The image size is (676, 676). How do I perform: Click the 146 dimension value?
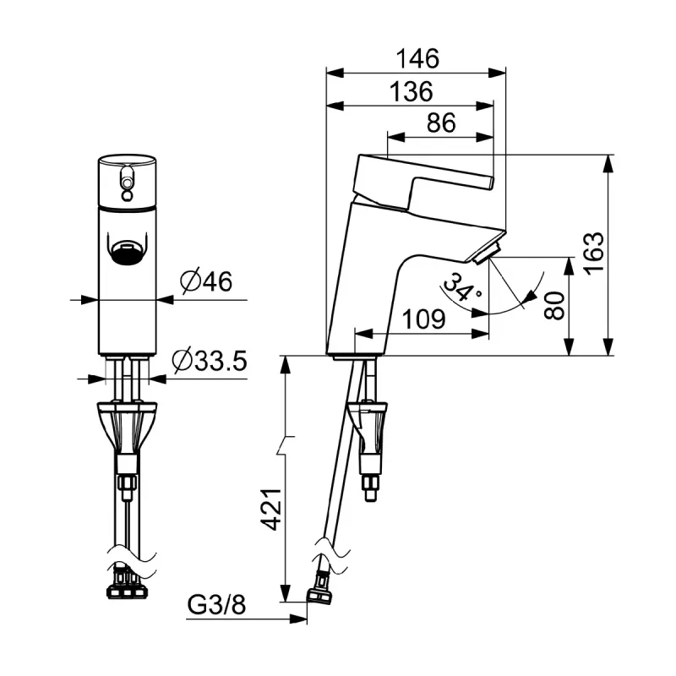point(417,58)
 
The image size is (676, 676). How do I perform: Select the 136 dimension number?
point(411,92)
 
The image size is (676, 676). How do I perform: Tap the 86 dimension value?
point(441,123)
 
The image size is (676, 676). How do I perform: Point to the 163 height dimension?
point(594,252)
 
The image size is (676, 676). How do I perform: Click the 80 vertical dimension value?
point(554,305)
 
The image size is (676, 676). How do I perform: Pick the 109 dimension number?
point(424,319)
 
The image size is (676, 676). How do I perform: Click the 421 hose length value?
point(270,509)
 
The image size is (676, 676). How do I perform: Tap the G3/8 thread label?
point(216,605)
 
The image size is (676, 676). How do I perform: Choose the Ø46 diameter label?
point(206,281)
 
